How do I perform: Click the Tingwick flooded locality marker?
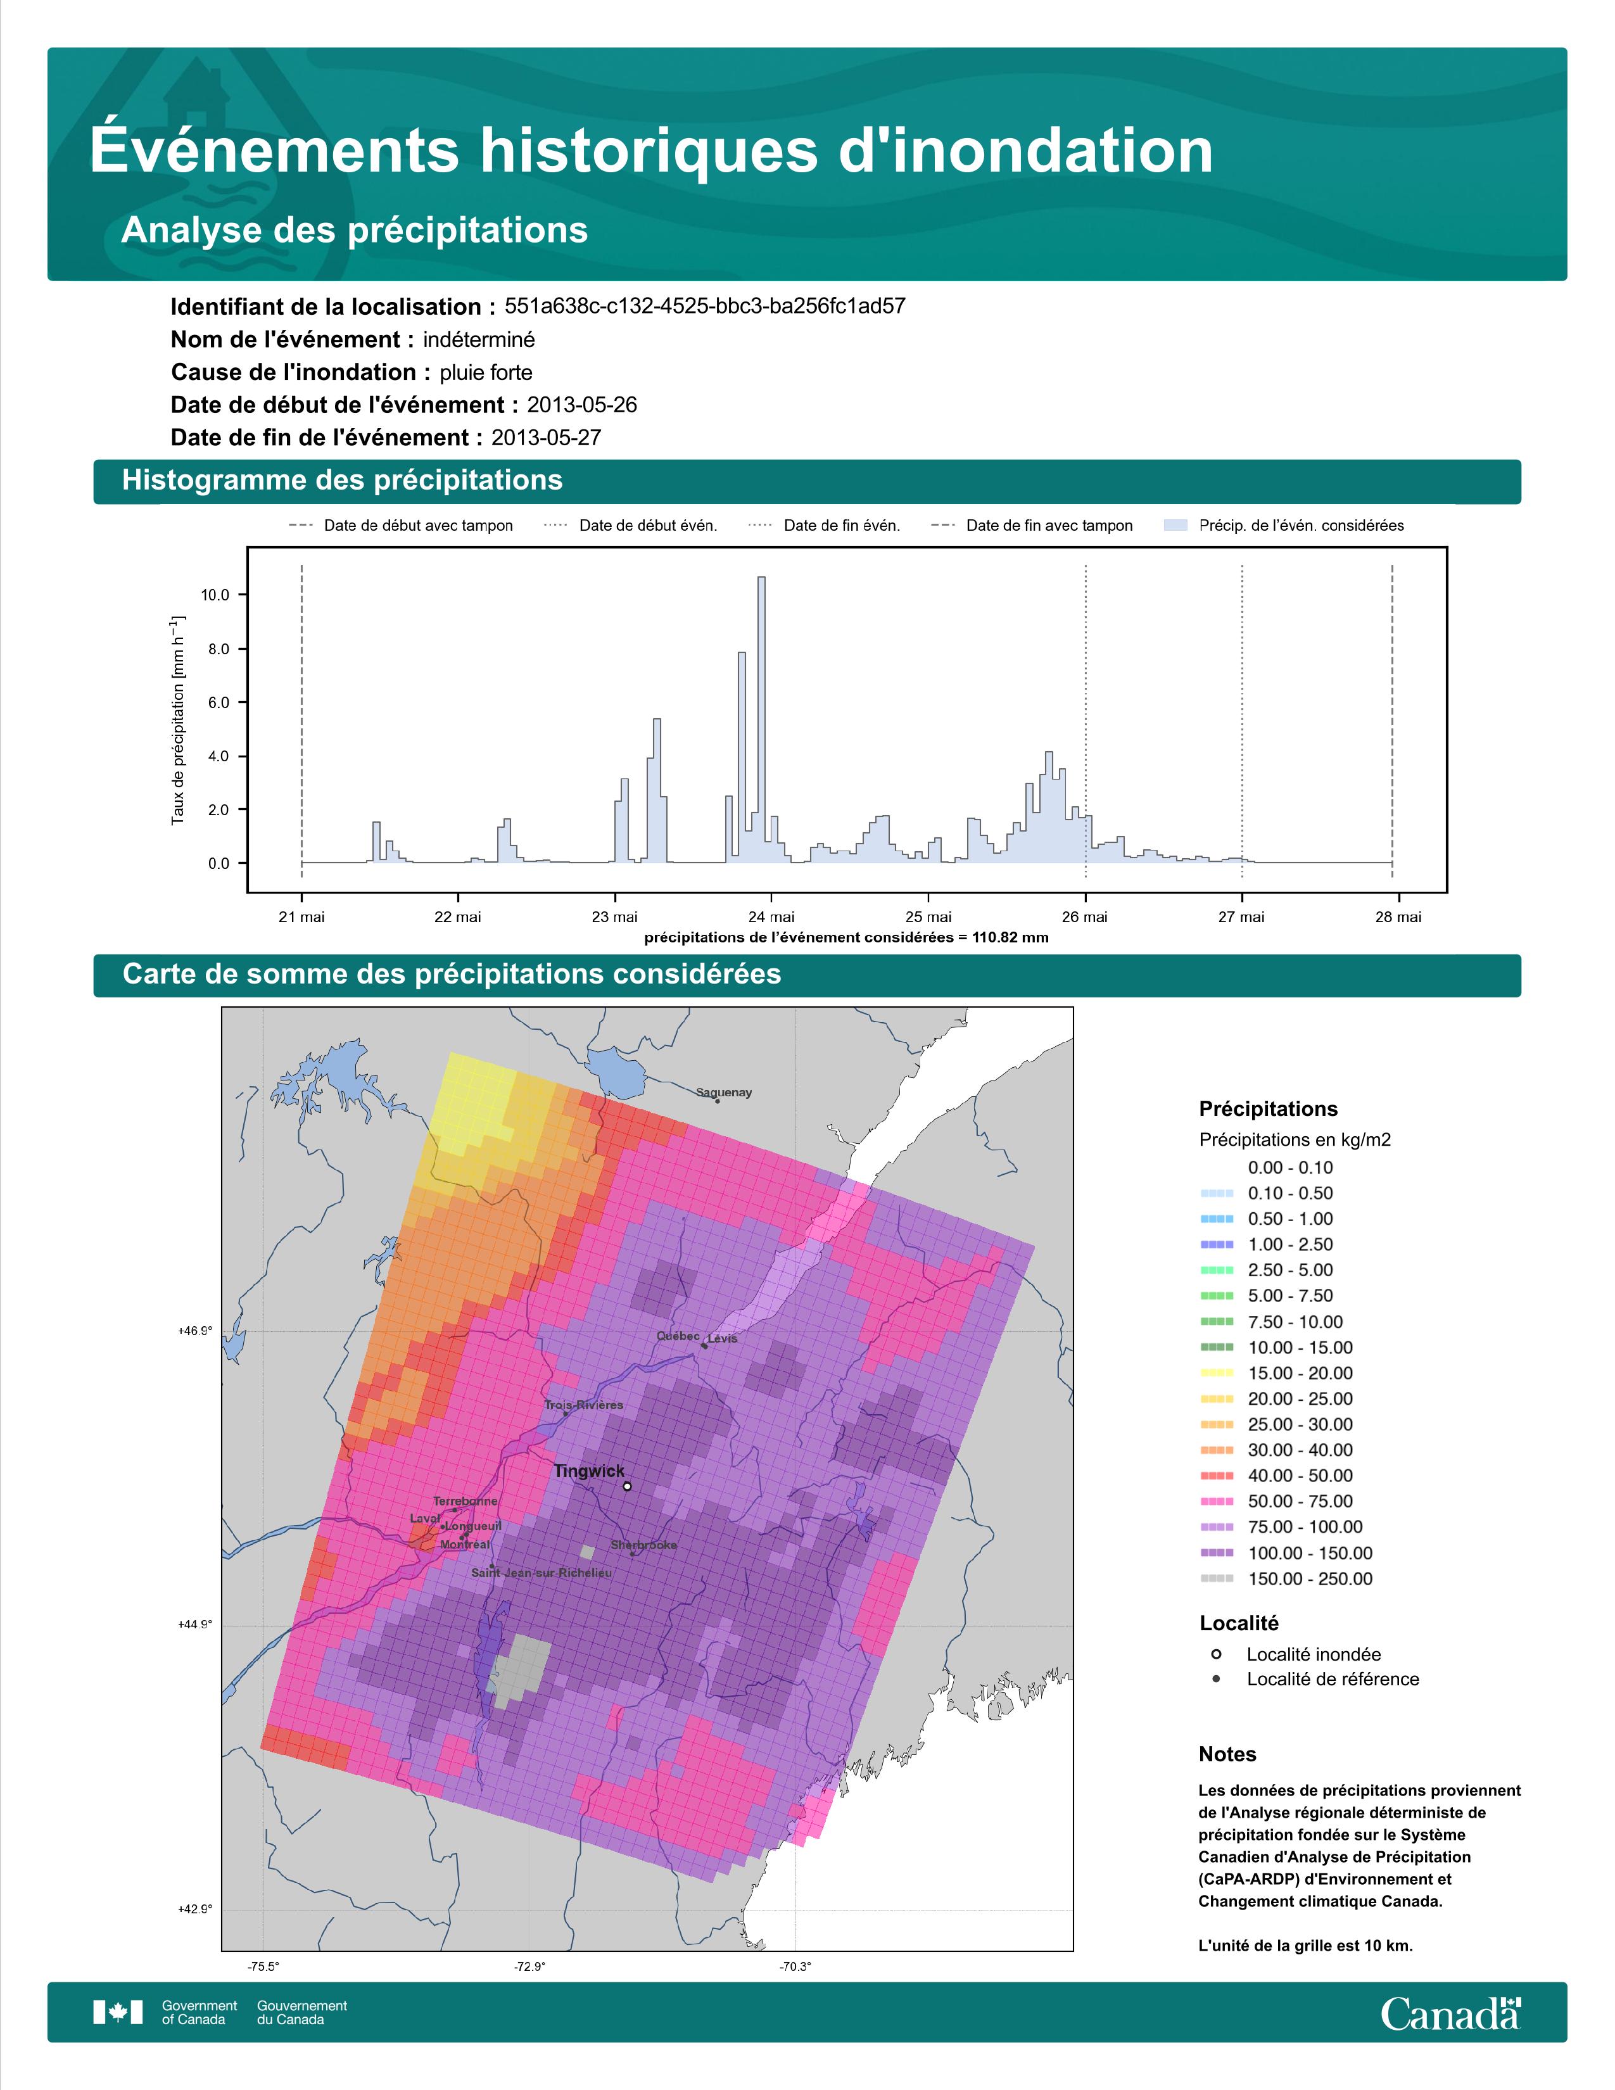pos(626,1486)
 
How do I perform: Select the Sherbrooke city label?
pos(644,1545)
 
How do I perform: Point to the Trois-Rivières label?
pos(584,1405)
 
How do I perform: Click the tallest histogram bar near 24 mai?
pos(761,719)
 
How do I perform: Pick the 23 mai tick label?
pos(614,917)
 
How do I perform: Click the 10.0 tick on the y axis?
pos(215,595)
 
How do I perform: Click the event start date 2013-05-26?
pos(581,405)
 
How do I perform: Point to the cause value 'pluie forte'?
pos(486,372)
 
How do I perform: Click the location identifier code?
pos(705,307)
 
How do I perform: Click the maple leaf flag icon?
pos(118,2013)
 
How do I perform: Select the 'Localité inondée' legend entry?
pos(1296,1654)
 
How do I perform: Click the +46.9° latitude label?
pos(195,1330)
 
